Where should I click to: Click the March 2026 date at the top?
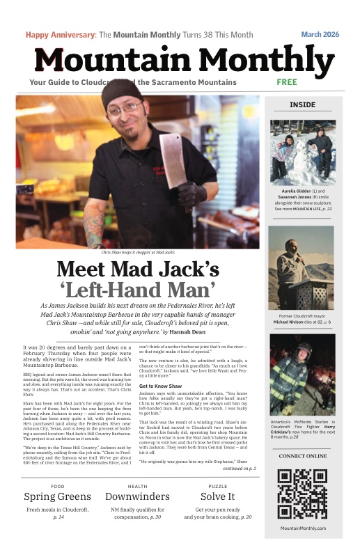(320, 34)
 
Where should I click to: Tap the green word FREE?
(287, 82)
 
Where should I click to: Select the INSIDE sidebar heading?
(302, 105)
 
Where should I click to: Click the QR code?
(302, 494)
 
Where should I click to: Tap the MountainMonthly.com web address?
(302, 528)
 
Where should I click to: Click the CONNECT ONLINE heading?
(302, 456)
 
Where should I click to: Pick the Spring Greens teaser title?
(57, 496)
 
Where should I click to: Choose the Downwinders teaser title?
(137, 496)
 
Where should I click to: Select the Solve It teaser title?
(217, 496)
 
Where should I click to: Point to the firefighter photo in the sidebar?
(302, 375)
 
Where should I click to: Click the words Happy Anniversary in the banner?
(60, 34)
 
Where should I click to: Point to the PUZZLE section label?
(217, 486)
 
